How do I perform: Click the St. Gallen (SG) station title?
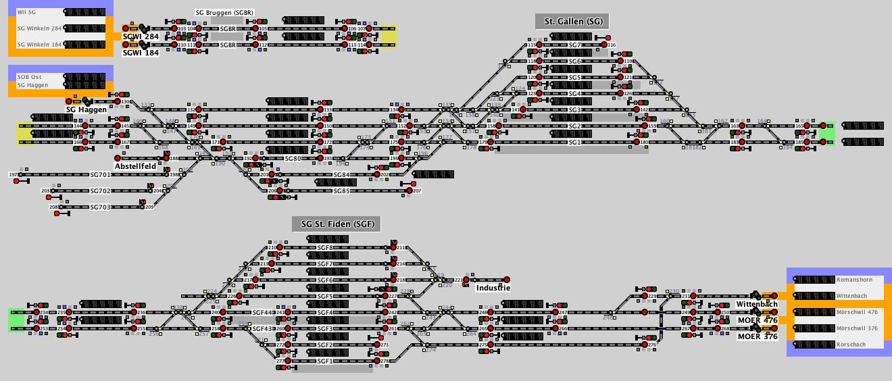pyautogui.click(x=572, y=22)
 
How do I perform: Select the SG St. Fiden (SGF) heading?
pyautogui.click(x=337, y=224)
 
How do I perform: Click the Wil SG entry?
pyautogui.click(x=27, y=12)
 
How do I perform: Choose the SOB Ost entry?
pyautogui.click(x=29, y=77)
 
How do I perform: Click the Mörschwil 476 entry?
pyautogui.click(x=857, y=312)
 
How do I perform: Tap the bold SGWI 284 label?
pyautogui.click(x=141, y=36)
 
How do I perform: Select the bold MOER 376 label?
pyautogui.click(x=757, y=336)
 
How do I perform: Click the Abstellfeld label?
pyautogui.click(x=135, y=166)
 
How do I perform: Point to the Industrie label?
pyautogui.click(x=493, y=288)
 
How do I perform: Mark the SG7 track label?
pyautogui.click(x=574, y=45)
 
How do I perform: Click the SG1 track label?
pyautogui.click(x=574, y=143)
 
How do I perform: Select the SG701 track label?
pyautogui.click(x=100, y=175)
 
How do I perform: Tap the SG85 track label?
pyautogui.click(x=341, y=191)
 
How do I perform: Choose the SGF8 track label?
pyautogui.click(x=325, y=248)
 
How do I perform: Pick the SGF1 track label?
pyautogui.click(x=325, y=361)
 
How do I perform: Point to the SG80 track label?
pyautogui.click(x=293, y=159)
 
